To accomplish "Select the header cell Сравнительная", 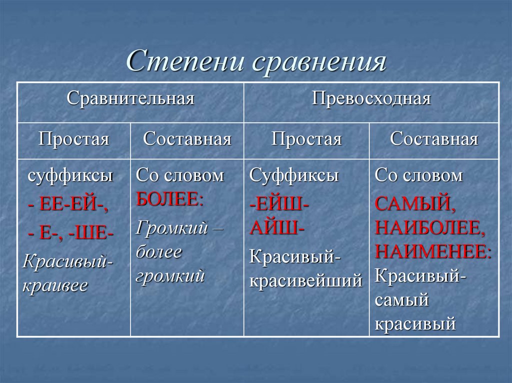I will click(130, 98).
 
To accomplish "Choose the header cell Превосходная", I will click(371, 98).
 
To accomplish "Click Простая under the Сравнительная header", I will click(74, 138).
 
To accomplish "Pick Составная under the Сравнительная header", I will click(187, 138).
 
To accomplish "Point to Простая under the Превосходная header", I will click(306, 138).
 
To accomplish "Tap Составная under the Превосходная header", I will click(434, 138).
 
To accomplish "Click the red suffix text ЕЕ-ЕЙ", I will click(70, 205).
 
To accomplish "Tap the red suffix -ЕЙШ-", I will click(279, 204).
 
